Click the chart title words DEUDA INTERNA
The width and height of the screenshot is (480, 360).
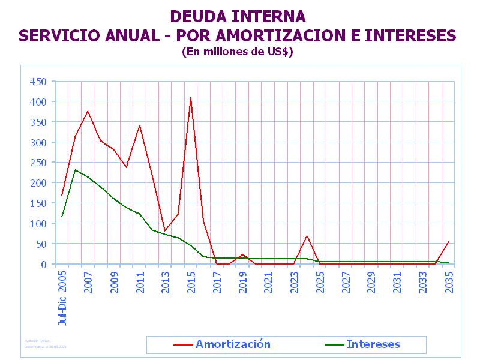[x=238, y=16]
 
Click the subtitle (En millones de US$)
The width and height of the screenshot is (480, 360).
[x=237, y=52]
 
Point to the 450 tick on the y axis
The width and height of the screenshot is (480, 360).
[x=38, y=82]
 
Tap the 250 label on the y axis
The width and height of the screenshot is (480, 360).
[x=38, y=163]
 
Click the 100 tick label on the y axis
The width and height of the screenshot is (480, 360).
[x=38, y=224]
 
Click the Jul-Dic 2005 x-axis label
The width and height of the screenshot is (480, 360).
[x=62, y=297]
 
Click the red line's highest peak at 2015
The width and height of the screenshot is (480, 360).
[x=191, y=98]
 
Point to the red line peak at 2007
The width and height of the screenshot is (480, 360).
[x=88, y=111]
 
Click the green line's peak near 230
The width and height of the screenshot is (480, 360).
[x=75, y=170]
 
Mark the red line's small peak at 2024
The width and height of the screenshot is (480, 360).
[x=307, y=236]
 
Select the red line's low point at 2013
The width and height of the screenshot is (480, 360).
[x=165, y=231]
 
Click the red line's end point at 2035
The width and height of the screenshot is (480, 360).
[x=448, y=242]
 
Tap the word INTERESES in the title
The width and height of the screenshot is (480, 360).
[x=410, y=35]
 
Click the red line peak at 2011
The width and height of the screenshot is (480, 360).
[x=139, y=125]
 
